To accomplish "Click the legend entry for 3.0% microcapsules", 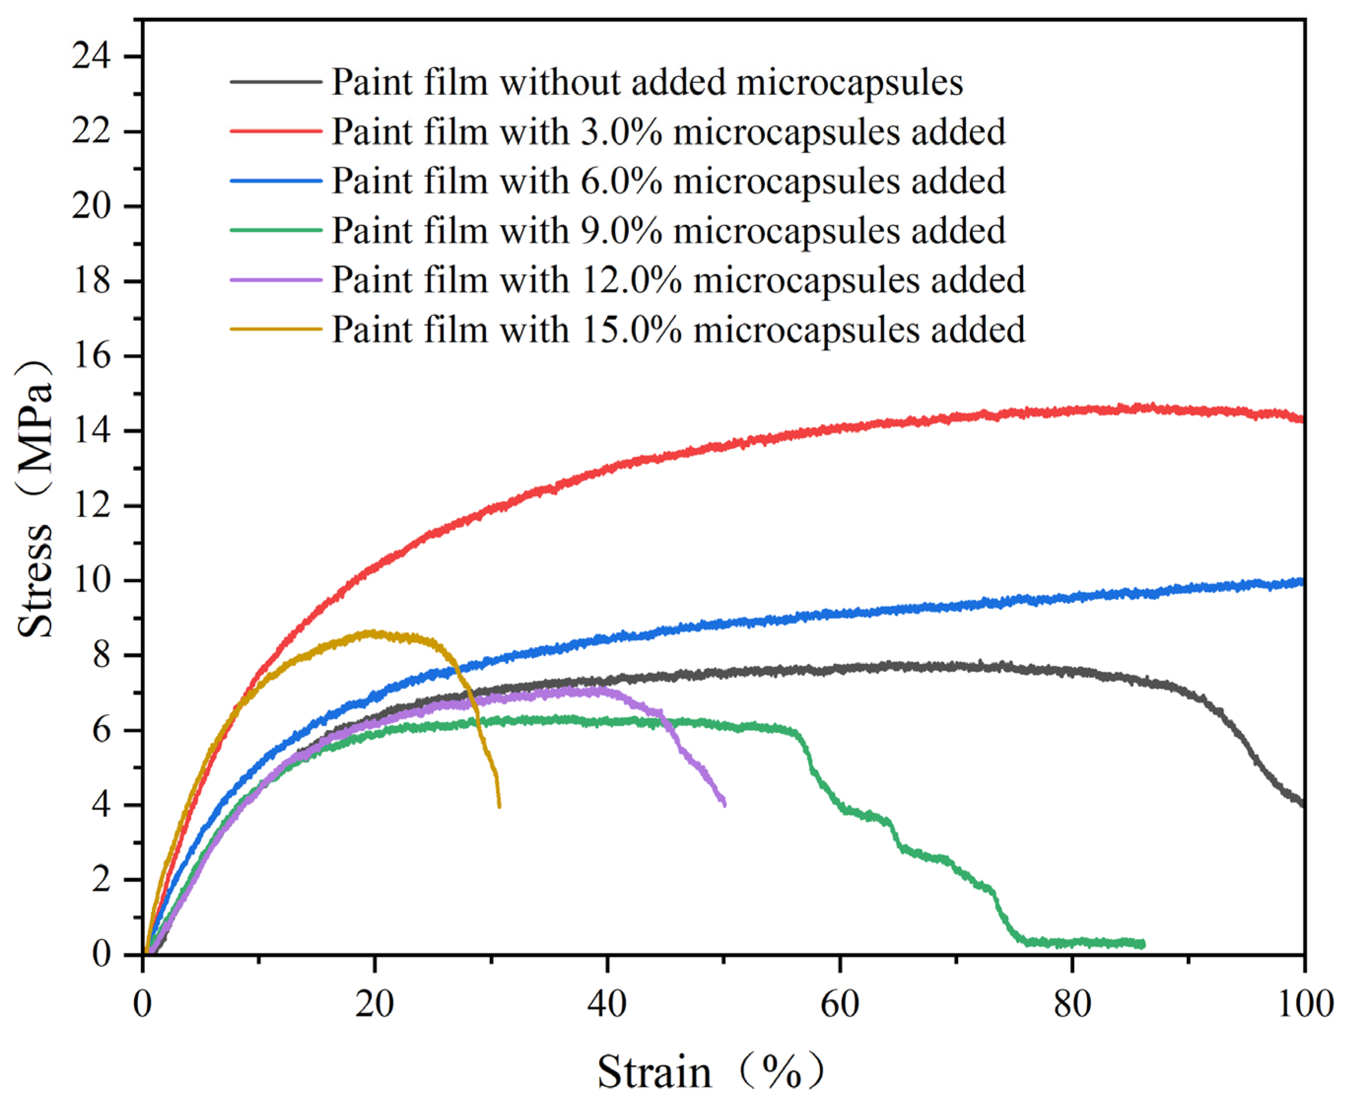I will (669, 132).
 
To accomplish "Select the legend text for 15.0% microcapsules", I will (678, 329).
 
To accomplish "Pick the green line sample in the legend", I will (276, 230).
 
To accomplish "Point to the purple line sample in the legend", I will (276, 280).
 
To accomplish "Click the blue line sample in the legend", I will (276, 181).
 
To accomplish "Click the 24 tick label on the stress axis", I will (91, 57).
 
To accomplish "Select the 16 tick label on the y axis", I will (91, 356).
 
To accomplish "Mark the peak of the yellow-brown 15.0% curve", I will (372, 633).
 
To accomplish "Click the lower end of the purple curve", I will (724, 804).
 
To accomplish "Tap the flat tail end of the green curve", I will (1142, 944).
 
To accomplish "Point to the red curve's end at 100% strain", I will (1303, 419).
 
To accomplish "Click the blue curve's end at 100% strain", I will (1303, 581).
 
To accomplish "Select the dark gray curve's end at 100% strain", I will (1303, 804).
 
